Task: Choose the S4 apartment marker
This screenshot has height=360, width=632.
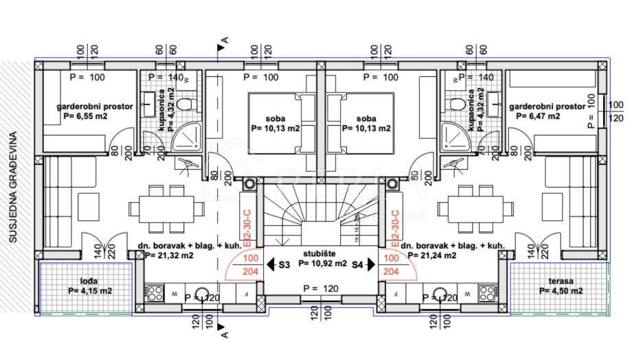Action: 358,264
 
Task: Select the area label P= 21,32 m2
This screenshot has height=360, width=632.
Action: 169,256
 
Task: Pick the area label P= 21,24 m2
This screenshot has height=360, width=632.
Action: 432,256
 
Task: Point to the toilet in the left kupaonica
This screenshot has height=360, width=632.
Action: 183,103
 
